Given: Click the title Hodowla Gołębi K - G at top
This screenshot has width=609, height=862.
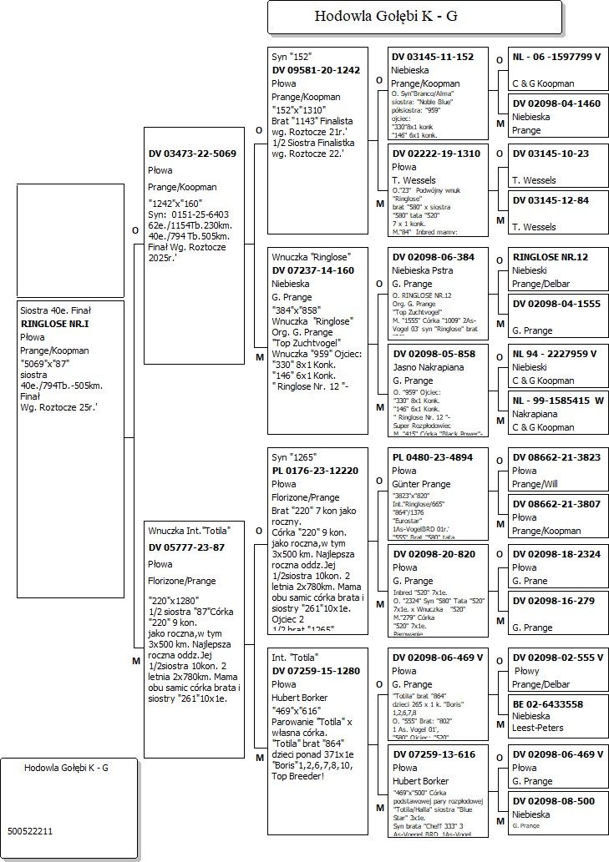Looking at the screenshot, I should (385, 16).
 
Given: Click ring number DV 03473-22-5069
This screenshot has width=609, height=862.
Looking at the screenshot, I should (192, 154).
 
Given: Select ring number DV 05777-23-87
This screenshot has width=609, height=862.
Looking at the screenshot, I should (186, 547).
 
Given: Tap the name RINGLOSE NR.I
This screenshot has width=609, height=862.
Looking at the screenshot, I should (54, 323).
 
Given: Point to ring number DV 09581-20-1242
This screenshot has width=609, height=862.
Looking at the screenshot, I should (316, 70).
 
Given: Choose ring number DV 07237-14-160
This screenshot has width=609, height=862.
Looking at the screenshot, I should (312, 270).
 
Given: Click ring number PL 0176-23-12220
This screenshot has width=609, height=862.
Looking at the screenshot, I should (316, 471).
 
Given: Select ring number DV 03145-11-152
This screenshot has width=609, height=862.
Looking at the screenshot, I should (433, 57).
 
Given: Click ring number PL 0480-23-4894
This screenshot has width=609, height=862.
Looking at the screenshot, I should (432, 457).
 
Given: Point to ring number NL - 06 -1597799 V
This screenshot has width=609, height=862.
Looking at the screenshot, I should (556, 57).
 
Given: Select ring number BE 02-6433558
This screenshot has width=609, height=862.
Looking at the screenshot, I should (548, 703).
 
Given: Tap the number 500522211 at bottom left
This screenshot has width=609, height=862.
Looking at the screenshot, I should (30, 831).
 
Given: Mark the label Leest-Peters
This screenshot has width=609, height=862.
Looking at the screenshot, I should (537, 728).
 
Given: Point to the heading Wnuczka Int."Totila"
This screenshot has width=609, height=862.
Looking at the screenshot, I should (189, 531).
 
